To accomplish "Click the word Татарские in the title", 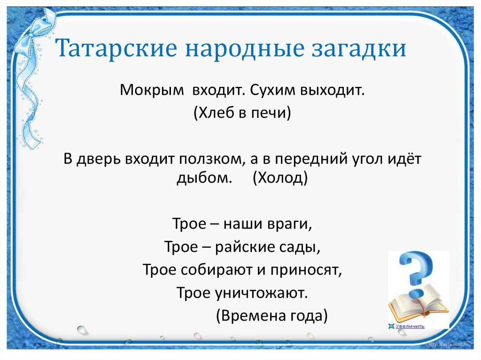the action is click(116, 48).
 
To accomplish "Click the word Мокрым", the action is click(152, 91).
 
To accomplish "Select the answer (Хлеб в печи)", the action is click(242, 113).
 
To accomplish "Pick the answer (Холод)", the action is click(280, 177).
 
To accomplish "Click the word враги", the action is click(290, 224).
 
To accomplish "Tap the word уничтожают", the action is click(261, 293).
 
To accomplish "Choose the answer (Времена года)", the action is click(272, 316).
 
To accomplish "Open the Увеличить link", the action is click(410, 326).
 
